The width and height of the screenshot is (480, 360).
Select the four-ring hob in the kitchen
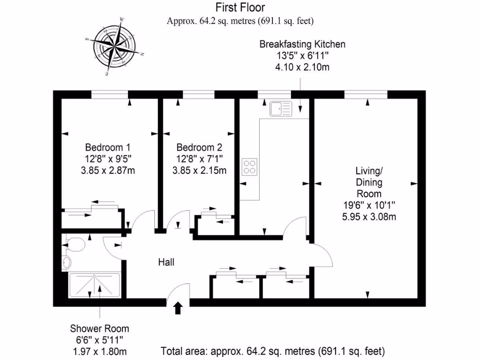click(x=249, y=166)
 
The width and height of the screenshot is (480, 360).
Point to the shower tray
click(x=95, y=285)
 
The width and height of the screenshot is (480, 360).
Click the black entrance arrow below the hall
click(x=178, y=308)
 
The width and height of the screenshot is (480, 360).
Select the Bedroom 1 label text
click(x=105, y=147)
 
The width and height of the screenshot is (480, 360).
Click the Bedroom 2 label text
click(x=196, y=147)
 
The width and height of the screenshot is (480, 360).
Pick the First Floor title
click(x=240, y=7)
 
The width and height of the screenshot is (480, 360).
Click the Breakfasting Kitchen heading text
click(x=302, y=45)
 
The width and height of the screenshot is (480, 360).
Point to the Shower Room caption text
click(x=99, y=329)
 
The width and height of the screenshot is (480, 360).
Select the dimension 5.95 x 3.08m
click(x=369, y=217)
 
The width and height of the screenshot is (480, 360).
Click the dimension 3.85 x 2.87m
click(x=108, y=170)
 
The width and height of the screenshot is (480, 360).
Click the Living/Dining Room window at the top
click(x=366, y=95)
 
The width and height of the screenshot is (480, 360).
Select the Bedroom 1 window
click(x=110, y=95)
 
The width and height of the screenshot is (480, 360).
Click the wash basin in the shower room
click(x=66, y=262)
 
